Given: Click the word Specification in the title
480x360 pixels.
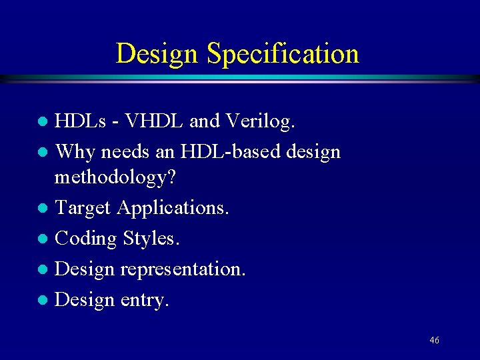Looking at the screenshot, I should (283, 54).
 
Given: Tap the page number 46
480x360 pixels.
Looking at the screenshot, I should (434, 341).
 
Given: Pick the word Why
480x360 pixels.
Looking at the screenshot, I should (74, 151).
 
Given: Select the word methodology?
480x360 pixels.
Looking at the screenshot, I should (115, 177).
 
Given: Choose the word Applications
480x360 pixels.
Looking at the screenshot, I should (173, 208).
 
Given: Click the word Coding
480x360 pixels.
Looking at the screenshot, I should (85, 238).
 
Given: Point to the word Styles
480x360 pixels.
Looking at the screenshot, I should (145, 238).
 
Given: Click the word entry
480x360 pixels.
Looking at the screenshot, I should (145, 300).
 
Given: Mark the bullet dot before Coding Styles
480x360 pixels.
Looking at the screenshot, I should (43, 239).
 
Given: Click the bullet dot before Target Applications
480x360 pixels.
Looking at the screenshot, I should (43, 208).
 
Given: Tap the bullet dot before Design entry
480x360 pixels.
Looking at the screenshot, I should (43, 300).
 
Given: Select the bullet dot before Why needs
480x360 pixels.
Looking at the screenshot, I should (43, 152).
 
